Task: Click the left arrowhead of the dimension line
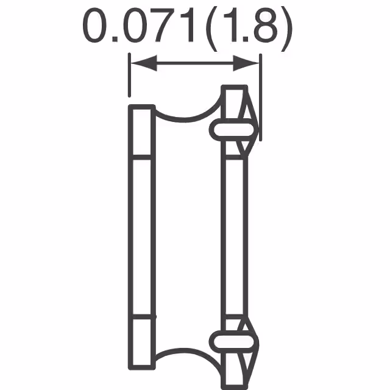[x=144, y=63]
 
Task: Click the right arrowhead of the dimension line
[x=246, y=63]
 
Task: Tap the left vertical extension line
[x=129, y=74]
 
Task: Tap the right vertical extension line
[x=260, y=97]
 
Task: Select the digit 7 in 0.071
[x=166, y=26]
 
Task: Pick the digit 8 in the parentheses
[x=266, y=25]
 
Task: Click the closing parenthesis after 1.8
[x=286, y=29]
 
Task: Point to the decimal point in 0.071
[x=115, y=39]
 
